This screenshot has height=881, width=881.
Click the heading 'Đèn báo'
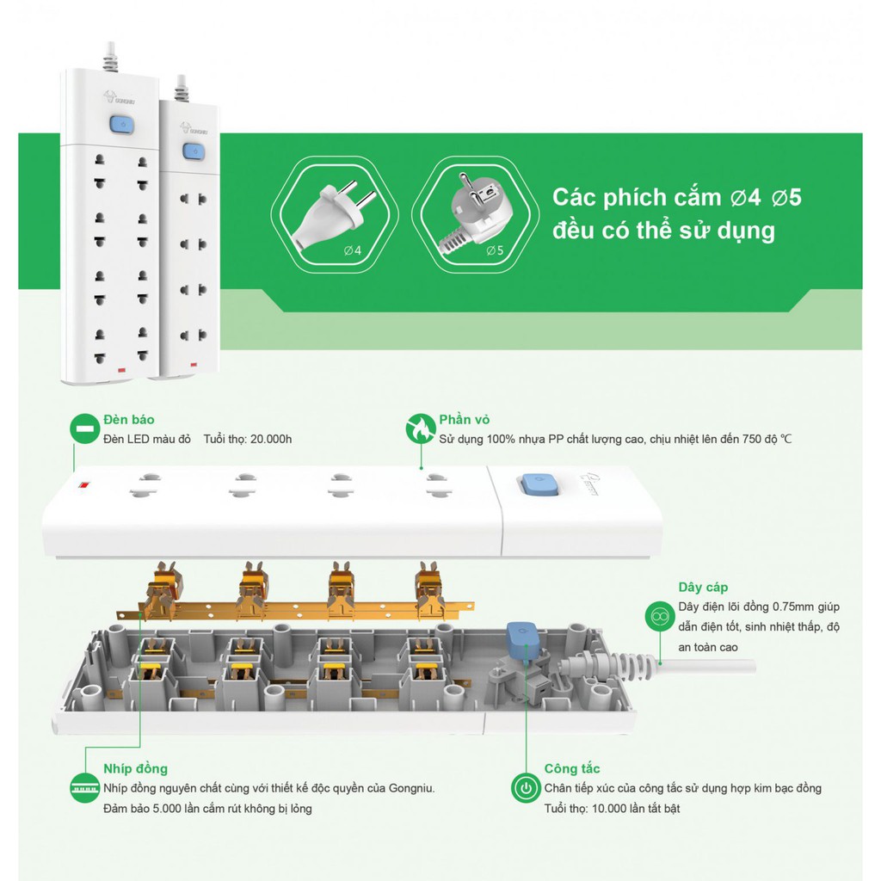coord(128,420)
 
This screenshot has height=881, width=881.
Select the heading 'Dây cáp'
coord(703,588)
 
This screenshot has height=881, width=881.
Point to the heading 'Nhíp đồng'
coord(135,768)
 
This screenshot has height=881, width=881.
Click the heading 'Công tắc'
coord(572,768)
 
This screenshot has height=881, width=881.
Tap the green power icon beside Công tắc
coord(526,787)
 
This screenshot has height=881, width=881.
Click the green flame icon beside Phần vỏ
coord(420,428)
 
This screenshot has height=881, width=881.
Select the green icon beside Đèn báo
coord(83,428)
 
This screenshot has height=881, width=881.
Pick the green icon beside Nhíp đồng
coord(83,787)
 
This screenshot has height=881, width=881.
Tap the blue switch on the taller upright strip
coord(120,126)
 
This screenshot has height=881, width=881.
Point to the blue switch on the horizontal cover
coord(536,484)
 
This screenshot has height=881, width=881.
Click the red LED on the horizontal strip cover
coord(83,489)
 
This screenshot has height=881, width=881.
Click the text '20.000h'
coord(267,440)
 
